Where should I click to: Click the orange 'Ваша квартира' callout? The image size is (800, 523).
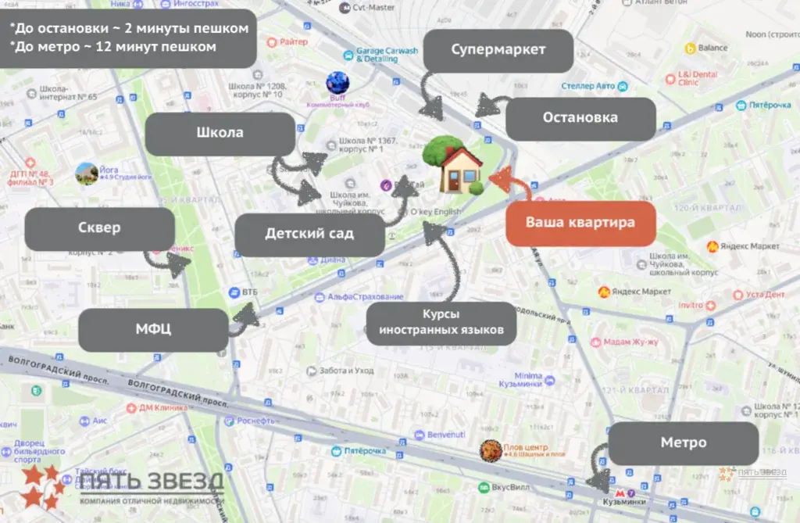coord(580,222)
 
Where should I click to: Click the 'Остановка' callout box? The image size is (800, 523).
coord(580,118)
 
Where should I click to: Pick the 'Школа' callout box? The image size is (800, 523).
coord(220,133)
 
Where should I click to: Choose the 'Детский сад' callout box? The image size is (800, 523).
coord(309,234)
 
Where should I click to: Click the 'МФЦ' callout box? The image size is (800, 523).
coord(153,329)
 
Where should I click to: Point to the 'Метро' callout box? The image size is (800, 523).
coord(684,443)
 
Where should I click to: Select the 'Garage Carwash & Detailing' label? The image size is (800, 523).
coord(387,55)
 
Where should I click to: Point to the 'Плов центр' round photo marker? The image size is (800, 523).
coord(490,450)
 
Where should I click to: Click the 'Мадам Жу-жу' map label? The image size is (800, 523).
coord(630,342)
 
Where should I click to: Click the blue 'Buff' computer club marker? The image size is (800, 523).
coord(337,82)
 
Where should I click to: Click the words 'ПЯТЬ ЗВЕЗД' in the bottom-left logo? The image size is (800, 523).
coord(152,481)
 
